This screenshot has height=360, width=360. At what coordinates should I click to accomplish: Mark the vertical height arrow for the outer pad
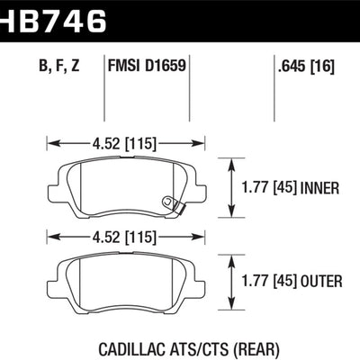tap(234, 283)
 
